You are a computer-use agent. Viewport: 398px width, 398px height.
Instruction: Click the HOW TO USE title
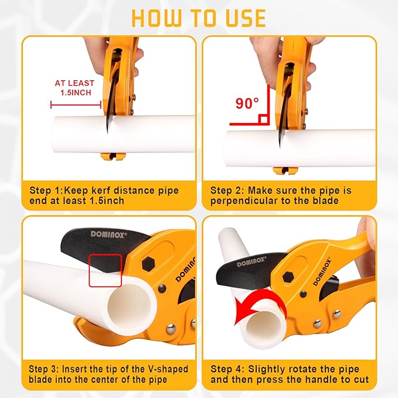click(199, 17)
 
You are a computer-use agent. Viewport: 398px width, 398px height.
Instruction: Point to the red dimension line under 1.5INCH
click(76, 105)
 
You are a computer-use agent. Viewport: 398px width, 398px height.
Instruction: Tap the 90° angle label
click(247, 104)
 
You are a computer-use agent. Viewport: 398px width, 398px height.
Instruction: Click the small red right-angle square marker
click(264, 120)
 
